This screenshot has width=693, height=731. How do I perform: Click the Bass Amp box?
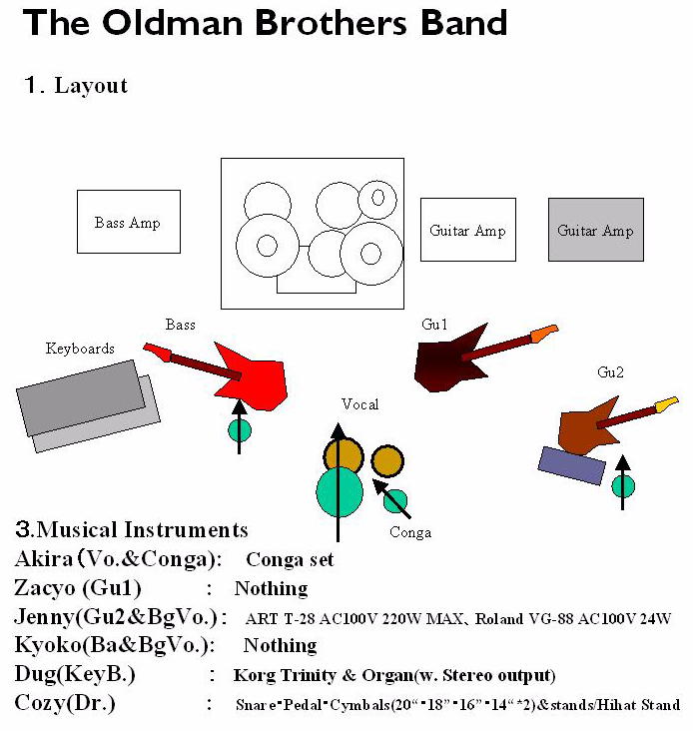(129, 222)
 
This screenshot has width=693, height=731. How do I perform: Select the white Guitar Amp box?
(467, 230)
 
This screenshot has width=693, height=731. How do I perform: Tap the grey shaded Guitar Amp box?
(595, 230)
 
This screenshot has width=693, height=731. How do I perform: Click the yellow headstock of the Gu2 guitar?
(666, 404)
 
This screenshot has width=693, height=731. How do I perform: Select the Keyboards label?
(80, 349)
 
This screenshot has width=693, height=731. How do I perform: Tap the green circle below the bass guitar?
(240, 430)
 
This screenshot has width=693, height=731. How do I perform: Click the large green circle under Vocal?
(340, 490)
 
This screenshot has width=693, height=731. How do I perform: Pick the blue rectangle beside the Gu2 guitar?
(571, 464)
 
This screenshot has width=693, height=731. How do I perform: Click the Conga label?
(410, 532)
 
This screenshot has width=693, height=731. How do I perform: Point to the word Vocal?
(359, 404)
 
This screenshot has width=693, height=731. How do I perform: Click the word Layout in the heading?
(91, 85)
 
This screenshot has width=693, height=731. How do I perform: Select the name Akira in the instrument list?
(44, 559)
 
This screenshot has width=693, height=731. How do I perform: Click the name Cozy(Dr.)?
(65, 703)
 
